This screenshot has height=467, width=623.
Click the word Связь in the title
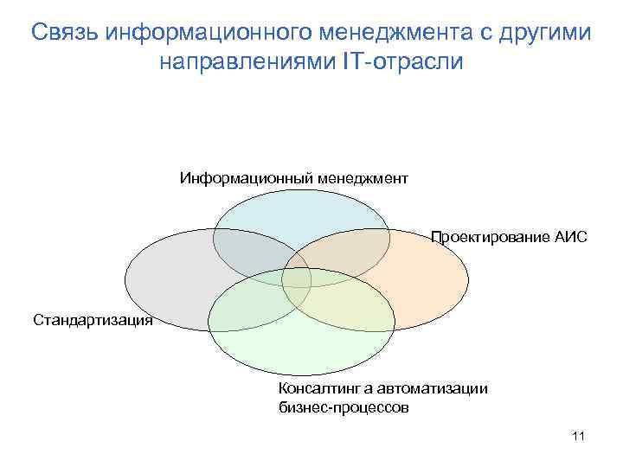pos(65,33)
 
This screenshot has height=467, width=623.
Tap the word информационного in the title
pos(207,33)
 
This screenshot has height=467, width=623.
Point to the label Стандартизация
pos(93,321)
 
